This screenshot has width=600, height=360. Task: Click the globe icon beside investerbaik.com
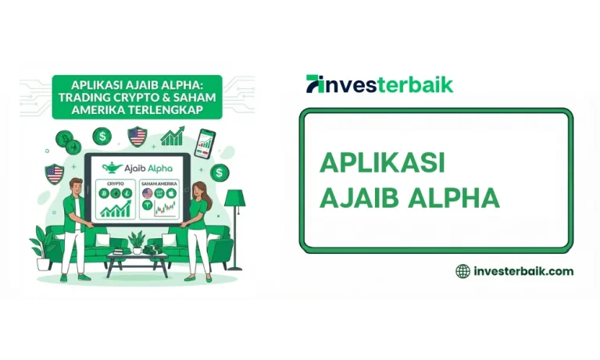(x=462, y=271)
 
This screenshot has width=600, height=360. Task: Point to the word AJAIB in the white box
(x=359, y=198)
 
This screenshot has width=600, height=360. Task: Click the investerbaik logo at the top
(x=380, y=84)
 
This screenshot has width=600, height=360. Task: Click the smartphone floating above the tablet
(x=206, y=142)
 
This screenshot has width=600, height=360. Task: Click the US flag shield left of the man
(x=54, y=173)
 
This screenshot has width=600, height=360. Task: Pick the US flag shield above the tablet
(x=137, y=137)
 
